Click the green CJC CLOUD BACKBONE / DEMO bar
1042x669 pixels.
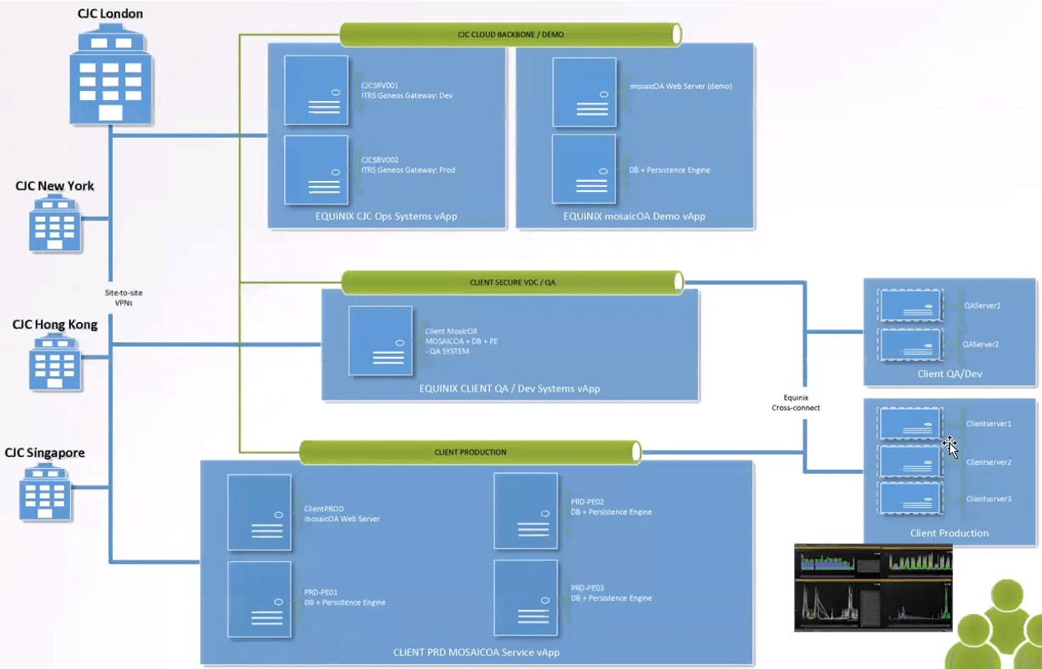(511, 35)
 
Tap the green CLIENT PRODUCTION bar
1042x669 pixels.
(470, 452)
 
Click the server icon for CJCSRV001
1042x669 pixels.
(316, 90)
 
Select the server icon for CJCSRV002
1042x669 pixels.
(316, 169)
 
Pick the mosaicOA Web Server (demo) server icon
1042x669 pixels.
(584, 90)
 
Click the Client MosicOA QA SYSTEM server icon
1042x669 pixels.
(381, 340)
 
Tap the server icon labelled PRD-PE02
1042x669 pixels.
(526, 511)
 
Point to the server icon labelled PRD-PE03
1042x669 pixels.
(526, 597)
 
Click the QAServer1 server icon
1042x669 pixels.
(910, 306)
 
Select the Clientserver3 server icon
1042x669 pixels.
(910, 498)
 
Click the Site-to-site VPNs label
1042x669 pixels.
(124, 298)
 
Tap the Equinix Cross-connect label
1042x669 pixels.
(796, 403)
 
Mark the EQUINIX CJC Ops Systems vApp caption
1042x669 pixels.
(387, 217)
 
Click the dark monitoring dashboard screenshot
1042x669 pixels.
(873, 587)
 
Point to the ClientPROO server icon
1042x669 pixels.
(260, 512)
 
